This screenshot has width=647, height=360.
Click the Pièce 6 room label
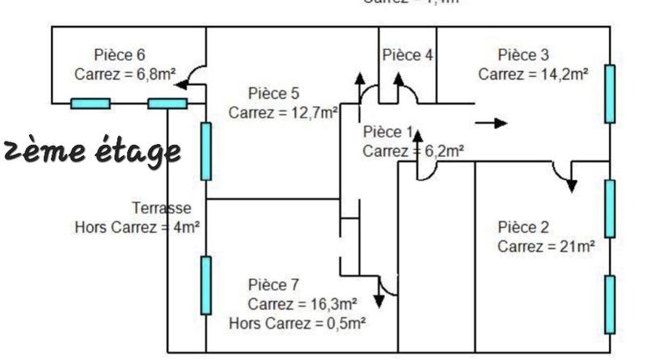click(x=119, y=56)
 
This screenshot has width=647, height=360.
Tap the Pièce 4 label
click(x=408, y=56)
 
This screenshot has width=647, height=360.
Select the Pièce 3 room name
click(x=523, y=56)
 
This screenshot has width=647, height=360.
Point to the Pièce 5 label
click(x=274, y=93)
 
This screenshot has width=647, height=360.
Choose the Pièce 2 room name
click(x=523, y=227)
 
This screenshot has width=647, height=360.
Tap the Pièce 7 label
click(x=274, y=285)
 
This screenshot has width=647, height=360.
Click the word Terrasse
click(x=162, y=209)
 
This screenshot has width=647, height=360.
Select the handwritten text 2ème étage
click(x=91, y=151)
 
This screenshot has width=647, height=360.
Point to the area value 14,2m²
click(x=561, y=74)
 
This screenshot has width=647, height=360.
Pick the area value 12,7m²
click(x=312, y=112)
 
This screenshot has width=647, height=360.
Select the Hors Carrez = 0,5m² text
click(x=298, y=323)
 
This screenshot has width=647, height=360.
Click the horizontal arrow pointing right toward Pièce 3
click(x=491, y=123)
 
